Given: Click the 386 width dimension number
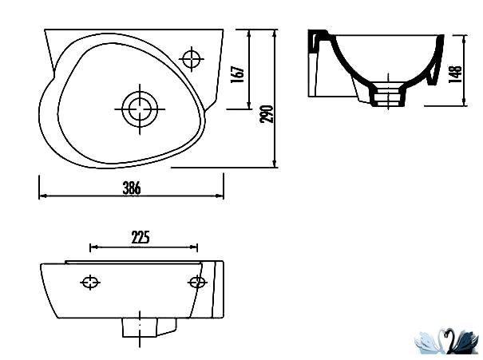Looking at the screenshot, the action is click(132, 188).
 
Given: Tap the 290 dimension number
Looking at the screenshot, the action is click(267, 114).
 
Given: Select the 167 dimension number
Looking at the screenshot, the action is click(237, 74).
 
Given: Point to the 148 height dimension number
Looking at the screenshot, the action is click(456, 74).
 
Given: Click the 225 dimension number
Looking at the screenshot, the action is click(141, 237).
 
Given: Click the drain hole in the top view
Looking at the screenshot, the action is click(140, 109).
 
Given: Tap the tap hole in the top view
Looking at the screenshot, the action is click(192, 58).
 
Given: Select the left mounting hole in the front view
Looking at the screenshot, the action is click(90, 282).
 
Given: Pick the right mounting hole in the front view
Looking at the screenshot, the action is click(197, 282).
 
